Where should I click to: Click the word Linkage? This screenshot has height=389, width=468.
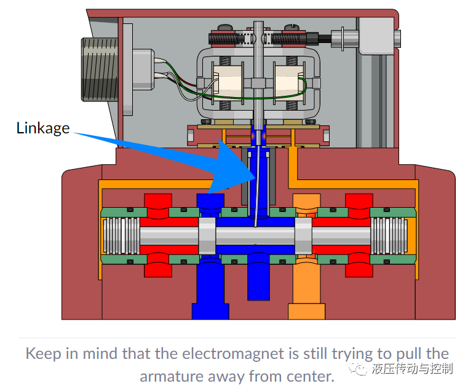click(x=43, y=128)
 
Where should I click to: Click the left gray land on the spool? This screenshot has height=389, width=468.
click(x=207, y=236)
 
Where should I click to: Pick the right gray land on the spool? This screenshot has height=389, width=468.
click(x=303, y=236)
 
